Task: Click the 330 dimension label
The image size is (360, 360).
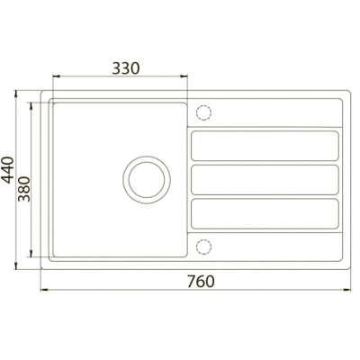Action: (126, 68)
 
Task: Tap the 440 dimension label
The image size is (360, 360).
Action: (8, 170)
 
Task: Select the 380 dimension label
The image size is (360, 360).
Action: (24, 189)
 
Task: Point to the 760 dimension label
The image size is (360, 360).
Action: (201, 282)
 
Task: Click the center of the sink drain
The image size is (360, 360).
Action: (147, 180)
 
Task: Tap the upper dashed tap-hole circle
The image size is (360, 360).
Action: (203, 112)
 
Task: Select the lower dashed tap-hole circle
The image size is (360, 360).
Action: (203, 247)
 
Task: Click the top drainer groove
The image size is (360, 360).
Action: (265, 146)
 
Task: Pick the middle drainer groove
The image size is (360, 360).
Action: (265, 180)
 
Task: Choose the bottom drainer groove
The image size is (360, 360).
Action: (265, 213)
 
